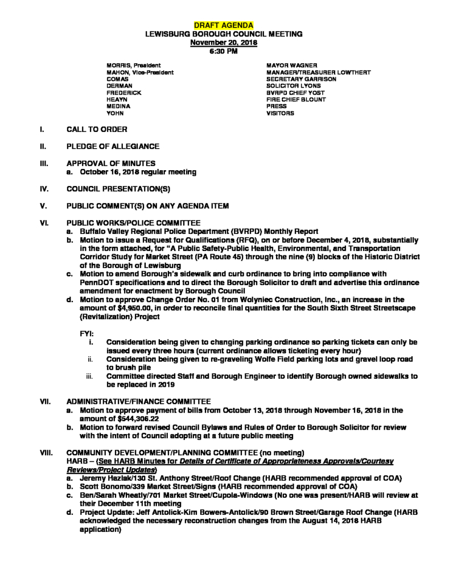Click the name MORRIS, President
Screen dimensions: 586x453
[x=134, y=65]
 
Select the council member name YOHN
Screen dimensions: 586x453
[x=116, y=114]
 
